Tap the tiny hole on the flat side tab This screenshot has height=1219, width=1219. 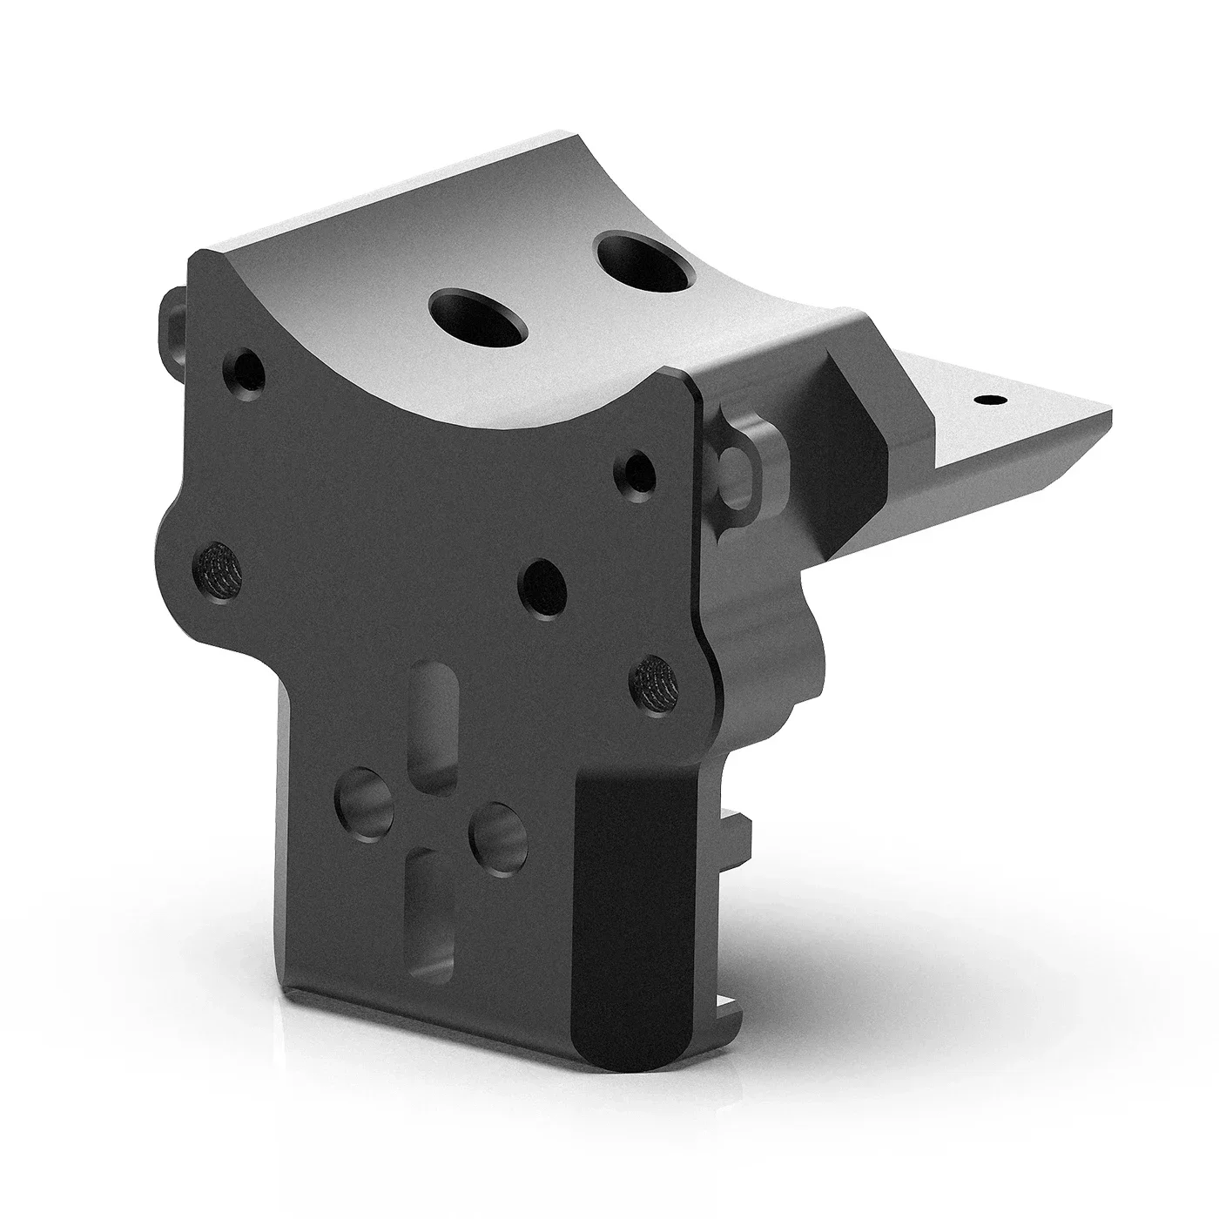987,400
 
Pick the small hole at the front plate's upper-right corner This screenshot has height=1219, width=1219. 639,471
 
